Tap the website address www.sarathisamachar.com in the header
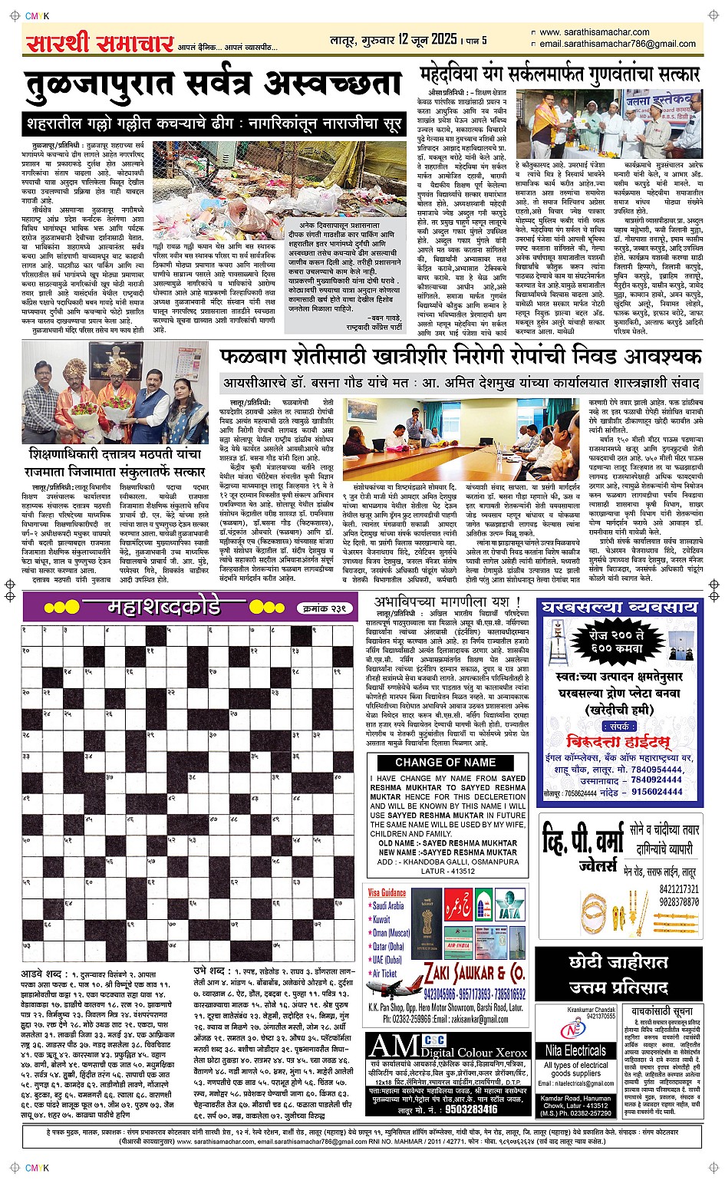[x=594, y=32]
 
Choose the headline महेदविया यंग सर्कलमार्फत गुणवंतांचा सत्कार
[x=561, y=74]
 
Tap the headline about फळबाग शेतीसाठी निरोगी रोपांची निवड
[x=460, y=358]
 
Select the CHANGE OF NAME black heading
[x=446, y=762]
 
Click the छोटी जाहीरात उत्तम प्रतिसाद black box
[x=618, y=974]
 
